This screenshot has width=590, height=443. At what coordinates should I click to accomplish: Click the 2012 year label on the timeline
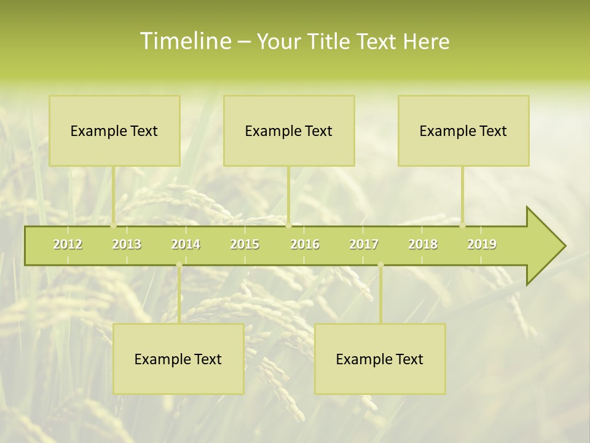(x=68, y=244)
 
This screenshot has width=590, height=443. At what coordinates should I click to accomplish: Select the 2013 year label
(x=127, y=244)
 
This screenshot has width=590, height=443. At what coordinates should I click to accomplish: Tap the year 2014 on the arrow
(x=186, y=244)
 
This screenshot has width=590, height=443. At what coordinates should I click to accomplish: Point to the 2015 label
(x=245, y=244)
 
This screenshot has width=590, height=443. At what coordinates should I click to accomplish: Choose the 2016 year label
(x=305, y=244)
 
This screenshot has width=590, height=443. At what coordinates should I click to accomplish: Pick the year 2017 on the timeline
(x=364, y=244)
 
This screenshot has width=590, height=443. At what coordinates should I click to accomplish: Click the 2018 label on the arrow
(x=423, y=244)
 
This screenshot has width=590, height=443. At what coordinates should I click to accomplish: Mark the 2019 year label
(x=482, y=244)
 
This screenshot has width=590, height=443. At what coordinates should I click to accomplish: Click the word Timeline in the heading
(x=185, y=41)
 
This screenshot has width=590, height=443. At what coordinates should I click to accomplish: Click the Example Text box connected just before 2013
(x=114, y=130)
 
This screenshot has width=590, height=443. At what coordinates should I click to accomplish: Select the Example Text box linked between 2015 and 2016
(x=289, y=130)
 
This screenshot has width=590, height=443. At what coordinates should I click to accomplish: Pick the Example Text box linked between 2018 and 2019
(x=463, y=130)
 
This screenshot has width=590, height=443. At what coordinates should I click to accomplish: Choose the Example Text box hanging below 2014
(x=178, y=359)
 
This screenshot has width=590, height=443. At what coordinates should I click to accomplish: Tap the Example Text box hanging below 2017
(x=380, y=359)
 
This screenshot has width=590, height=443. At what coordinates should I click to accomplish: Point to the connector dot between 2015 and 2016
(x=288, y=225)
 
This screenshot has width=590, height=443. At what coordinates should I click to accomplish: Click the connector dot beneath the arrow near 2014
(x=179, y=265)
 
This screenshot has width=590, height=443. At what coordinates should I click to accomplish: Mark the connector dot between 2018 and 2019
(x=463, y=225)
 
